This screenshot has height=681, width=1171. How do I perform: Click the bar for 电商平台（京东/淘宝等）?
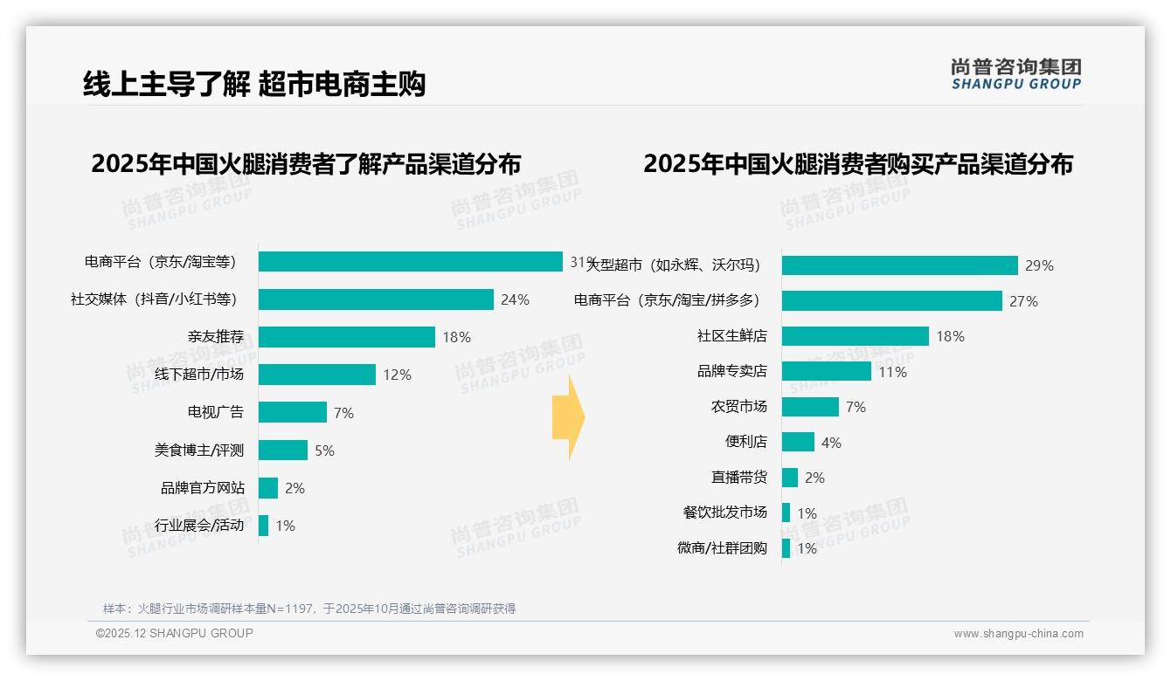click(x=411, y=262)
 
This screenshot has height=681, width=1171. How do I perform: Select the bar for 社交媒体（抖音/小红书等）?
click(x=376, y=299)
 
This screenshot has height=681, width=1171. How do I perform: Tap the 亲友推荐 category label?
click(x=215, y=337)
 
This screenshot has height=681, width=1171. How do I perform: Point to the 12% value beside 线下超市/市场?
click(x=397, y=375)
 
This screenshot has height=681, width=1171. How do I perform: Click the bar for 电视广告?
click(x=293, y=412)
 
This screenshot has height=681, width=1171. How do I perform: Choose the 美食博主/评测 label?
click(x=199, y=451)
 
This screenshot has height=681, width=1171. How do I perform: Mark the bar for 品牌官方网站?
click(x=268, y=488)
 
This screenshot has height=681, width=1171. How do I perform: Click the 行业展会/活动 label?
click(x=199, y=526)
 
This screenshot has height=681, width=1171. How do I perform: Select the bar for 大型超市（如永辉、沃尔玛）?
click(x=900, y=265)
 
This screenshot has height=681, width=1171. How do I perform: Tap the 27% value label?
click(x=1023, y=301)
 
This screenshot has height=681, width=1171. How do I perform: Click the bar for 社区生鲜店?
click(x=856, y=336)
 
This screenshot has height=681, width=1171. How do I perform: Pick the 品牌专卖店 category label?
click(x=732, y=371)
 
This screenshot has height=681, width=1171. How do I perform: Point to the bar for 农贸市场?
click(x=810, y=407)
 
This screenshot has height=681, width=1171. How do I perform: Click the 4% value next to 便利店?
click(x=831, y=443)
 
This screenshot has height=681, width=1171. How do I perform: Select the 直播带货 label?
click(x=739, y=478)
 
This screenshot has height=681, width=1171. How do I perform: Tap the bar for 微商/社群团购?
click(x=786, y=548)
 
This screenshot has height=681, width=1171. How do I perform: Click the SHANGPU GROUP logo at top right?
click(x=1016, y=73)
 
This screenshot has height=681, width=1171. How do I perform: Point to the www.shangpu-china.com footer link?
click(x=1018, y=634)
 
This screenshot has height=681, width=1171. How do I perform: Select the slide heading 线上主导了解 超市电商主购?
click(x=254, y=85)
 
